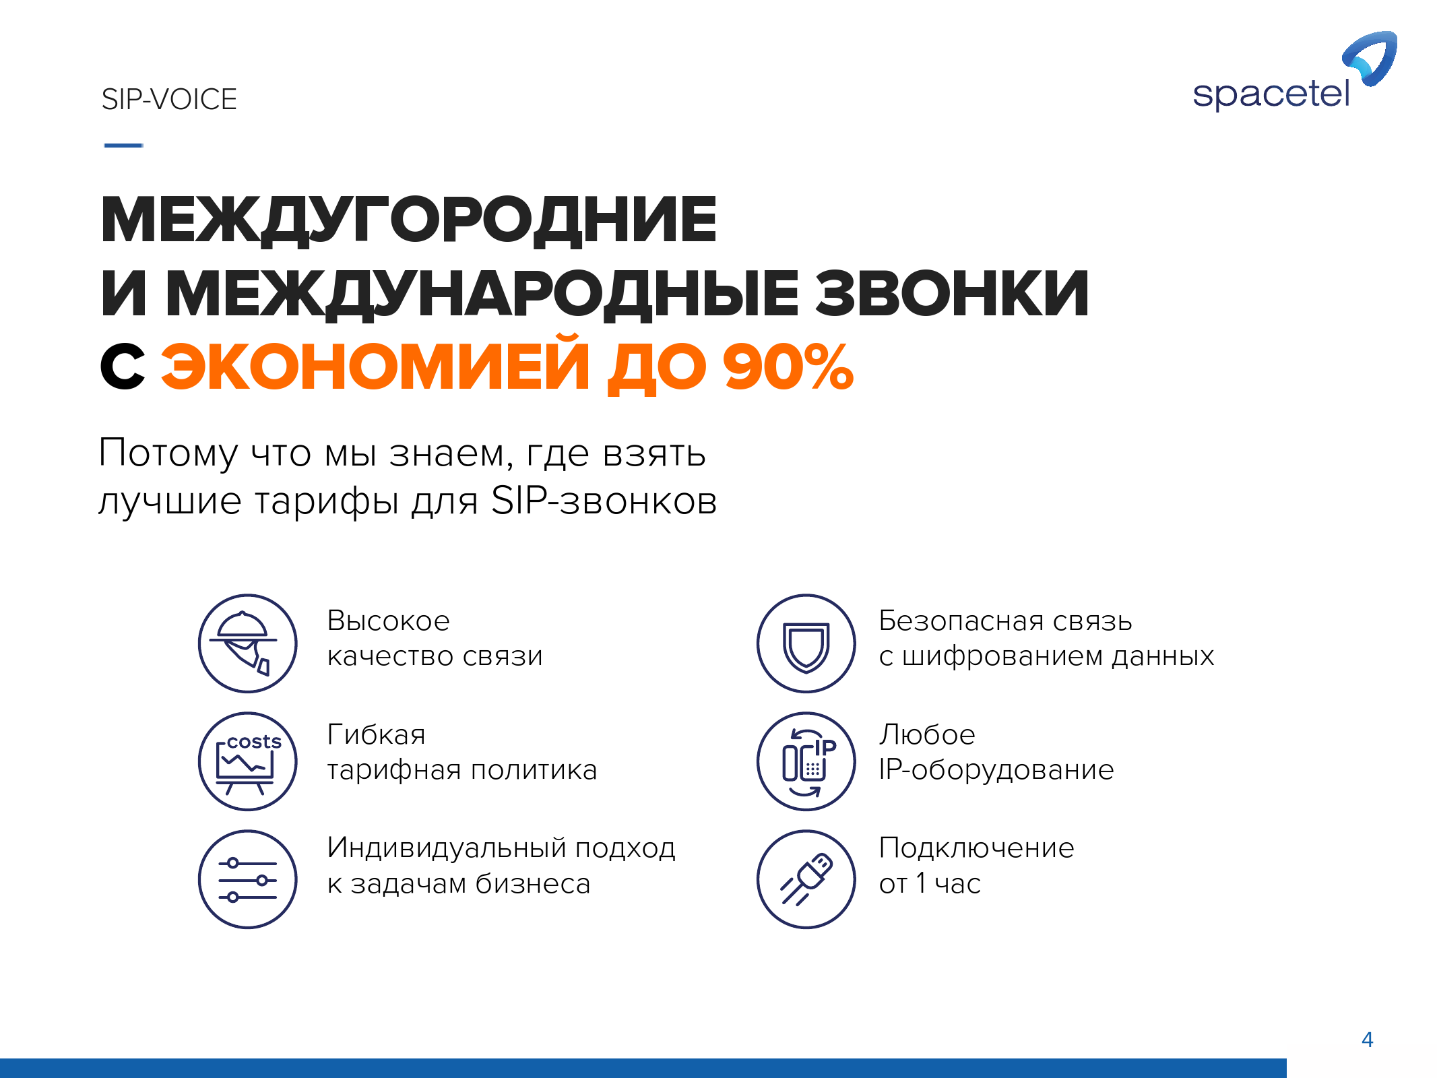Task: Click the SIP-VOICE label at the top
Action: pos(169,100)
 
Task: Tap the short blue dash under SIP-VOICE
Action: pos(123,145)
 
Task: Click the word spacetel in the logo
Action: pos(1271,94)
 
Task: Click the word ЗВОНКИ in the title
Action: pos(952,294)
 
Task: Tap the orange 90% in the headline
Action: pos(788,367)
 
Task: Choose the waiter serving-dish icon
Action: pos(248,643)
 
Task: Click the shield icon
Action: pos(806,643)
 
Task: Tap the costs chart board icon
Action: pos(248,761)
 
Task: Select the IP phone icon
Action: pos(806,761)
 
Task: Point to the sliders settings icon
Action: pos(248,879)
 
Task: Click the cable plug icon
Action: pos(806,879)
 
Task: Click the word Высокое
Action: pos(388,621)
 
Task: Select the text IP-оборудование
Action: pos(996,769)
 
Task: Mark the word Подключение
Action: pos(977,848)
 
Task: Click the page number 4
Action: pos(1368,1040)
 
